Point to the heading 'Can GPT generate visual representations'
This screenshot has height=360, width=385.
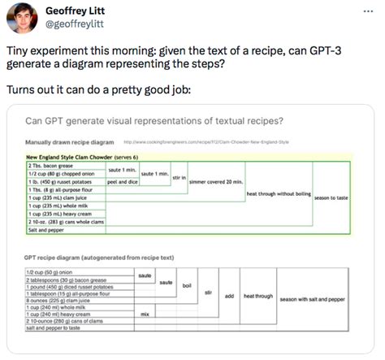click(154, 123)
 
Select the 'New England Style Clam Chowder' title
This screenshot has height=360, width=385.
click(81, 156)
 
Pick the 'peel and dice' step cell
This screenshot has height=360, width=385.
click(123, 182)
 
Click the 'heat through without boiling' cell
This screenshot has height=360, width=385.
click(279, 194)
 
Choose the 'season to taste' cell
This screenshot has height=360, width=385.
click(331, 197)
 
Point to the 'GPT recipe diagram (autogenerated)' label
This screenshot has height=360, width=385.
click(100, 257)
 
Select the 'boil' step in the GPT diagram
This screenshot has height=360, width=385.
click(186, 286)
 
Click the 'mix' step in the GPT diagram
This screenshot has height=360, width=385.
click(145, 314)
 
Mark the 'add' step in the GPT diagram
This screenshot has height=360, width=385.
click(229, 297)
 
